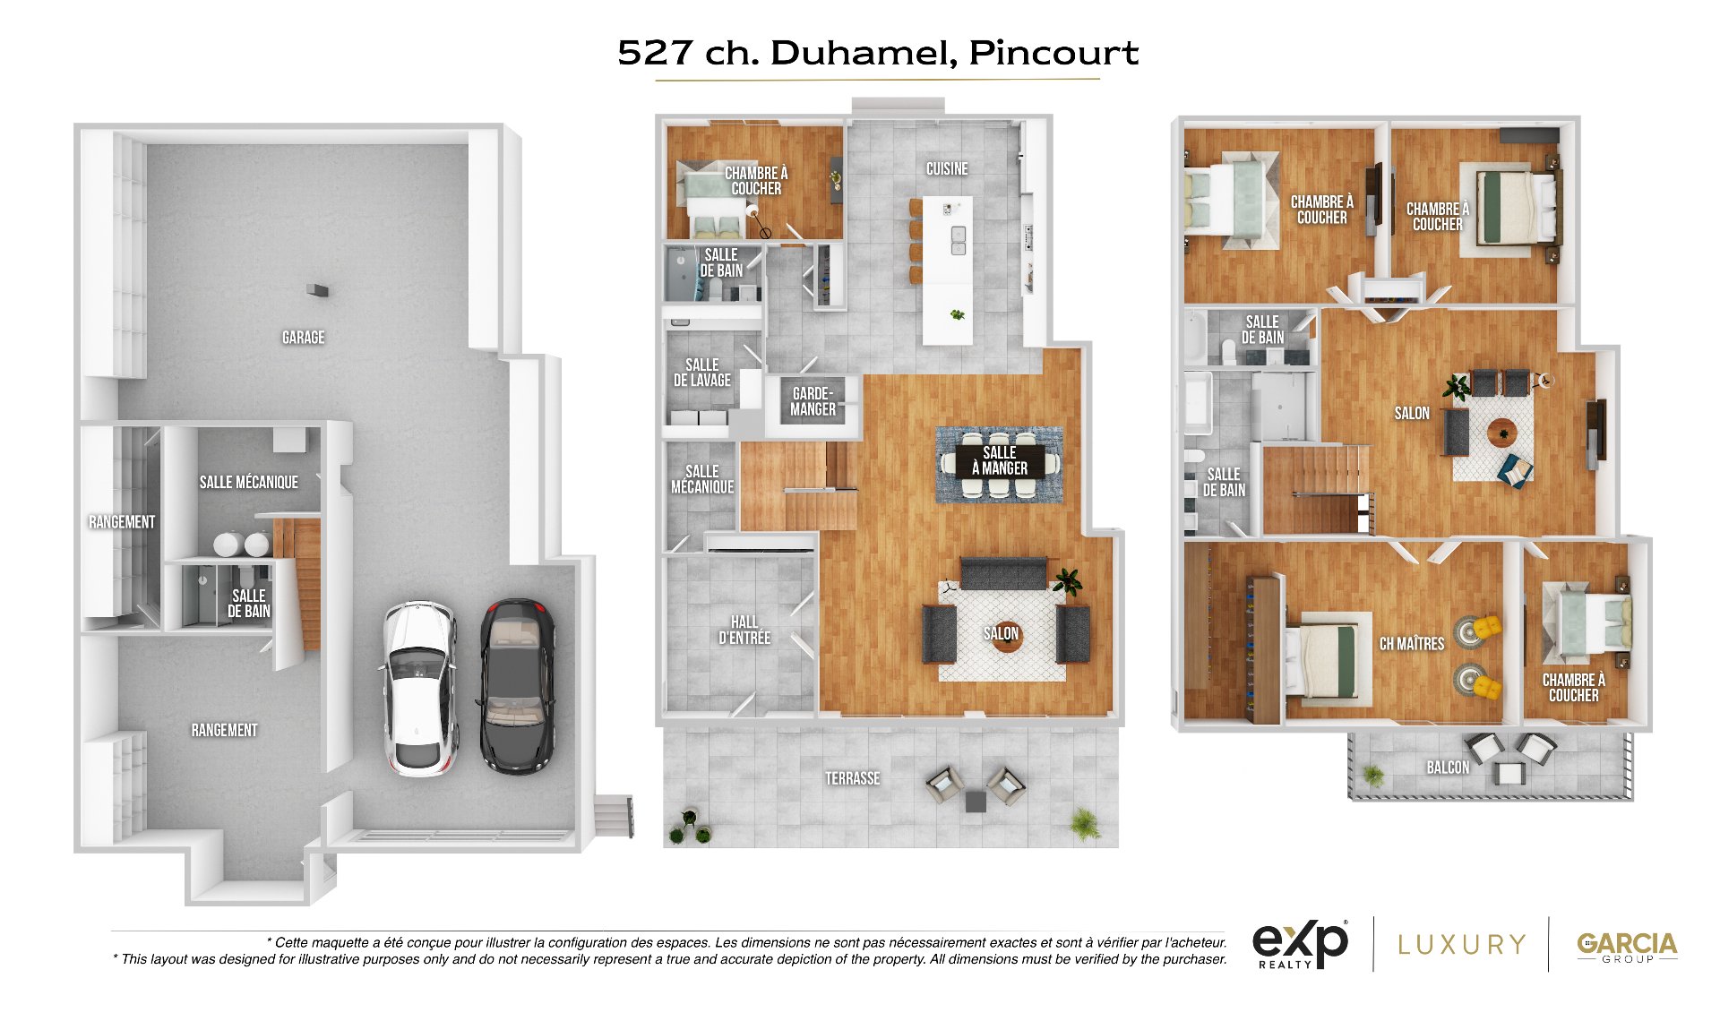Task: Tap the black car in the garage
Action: coord(517,685)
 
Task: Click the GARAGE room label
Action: coord(303,338)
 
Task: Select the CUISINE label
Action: coord(947,168)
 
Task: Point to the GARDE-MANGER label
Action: coord(813,401)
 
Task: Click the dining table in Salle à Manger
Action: coord(1000,462)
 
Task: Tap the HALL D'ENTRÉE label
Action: coord(744,630)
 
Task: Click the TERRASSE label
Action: coord(853,778)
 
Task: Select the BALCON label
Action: coord(1448,768)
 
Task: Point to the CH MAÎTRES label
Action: coord(1412,644)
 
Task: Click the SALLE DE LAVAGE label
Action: coord(702,373)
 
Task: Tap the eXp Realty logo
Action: coord(1300,945)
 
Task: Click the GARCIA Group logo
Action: coord(1627,947)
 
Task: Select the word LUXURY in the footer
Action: coord(1461,945)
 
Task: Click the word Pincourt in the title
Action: coord(1053,53)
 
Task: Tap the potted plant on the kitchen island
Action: coord(959,314)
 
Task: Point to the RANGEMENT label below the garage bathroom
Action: coord(224,730)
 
